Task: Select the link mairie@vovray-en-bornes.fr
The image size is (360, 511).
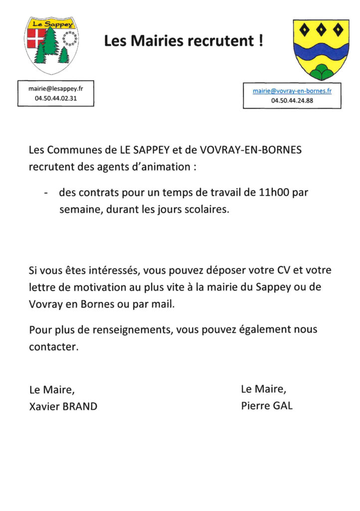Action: coord(292,91)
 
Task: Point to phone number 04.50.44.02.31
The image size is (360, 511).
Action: coord(56,99)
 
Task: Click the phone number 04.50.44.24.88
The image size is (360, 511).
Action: coord(292,100)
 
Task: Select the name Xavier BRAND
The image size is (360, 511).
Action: coord(63,406)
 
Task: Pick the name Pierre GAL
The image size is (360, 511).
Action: coord(267,405)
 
